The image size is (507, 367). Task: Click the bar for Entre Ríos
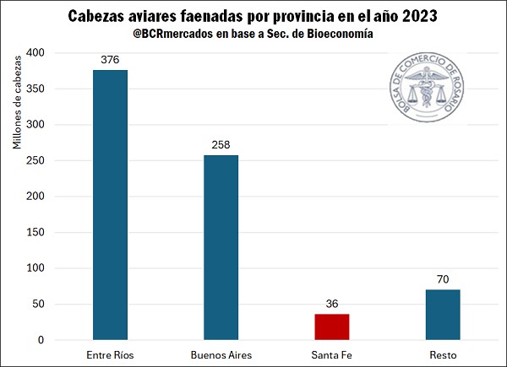(x=111, y=205)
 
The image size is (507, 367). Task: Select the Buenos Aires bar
(x=221, y=247)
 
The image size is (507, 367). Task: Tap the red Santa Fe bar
(x=332, y=327)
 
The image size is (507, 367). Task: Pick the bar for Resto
(x=443, y=315)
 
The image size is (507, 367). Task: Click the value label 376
(x=111, y=60)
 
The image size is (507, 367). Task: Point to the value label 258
(x=221, y=145)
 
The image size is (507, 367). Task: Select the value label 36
(x=332, y=304)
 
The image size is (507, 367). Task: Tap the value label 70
(x=443, y=279)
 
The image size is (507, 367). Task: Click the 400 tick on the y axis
(x=36, y=53)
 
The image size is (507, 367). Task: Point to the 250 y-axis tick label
(x=36, y=160)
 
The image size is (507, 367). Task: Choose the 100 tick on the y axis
(x=36, y=268)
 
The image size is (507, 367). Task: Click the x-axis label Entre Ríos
(x=111, y=354)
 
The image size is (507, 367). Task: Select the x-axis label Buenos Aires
(x=221, y=354)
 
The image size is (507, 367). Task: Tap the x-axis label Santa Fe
(x=332, y=354)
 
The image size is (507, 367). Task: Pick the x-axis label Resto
(x=443, y=354)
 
